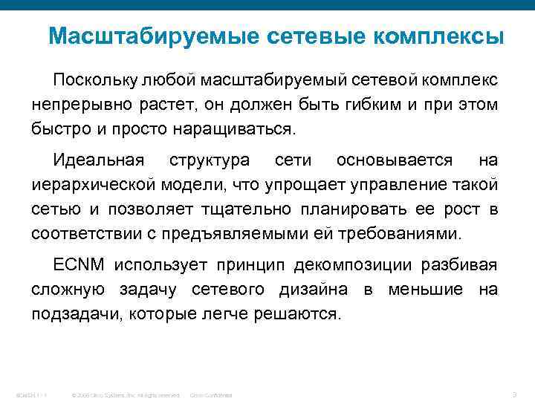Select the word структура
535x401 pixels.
point(210,160)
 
